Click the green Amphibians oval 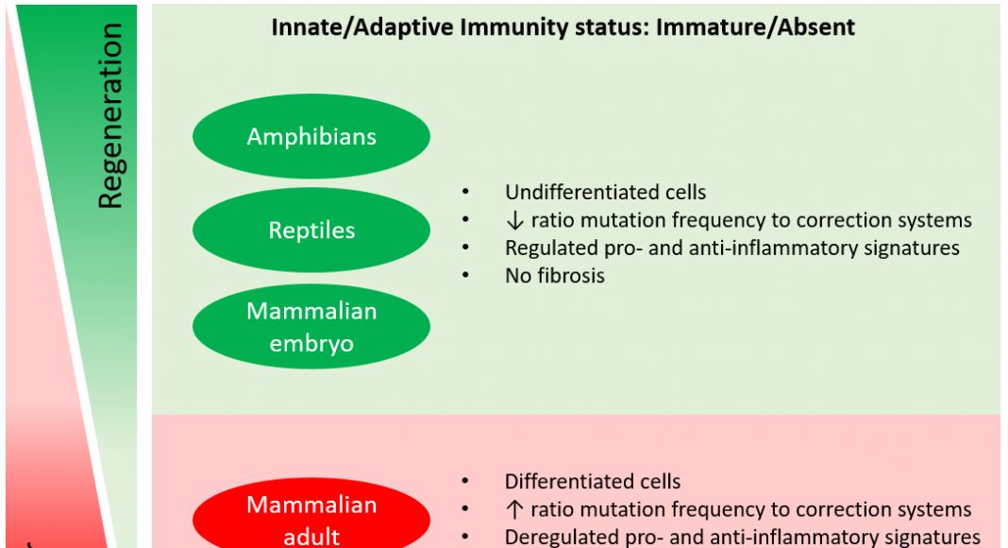point(311,137)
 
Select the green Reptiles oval point(311,231)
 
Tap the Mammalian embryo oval point(311,327)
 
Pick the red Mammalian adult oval point(311,519)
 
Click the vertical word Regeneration point(110,115)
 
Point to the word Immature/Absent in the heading point(755,27)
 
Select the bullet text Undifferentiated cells point(605,193)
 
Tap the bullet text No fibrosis point(554,276)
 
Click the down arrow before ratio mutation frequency point(512,221)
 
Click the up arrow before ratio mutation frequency point(512,510)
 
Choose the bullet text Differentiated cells point(593,482)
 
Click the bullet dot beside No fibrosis point(465,276)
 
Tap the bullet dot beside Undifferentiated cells point(465,193)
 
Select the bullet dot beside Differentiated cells point(465,482)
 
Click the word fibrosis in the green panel point(569,276)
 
